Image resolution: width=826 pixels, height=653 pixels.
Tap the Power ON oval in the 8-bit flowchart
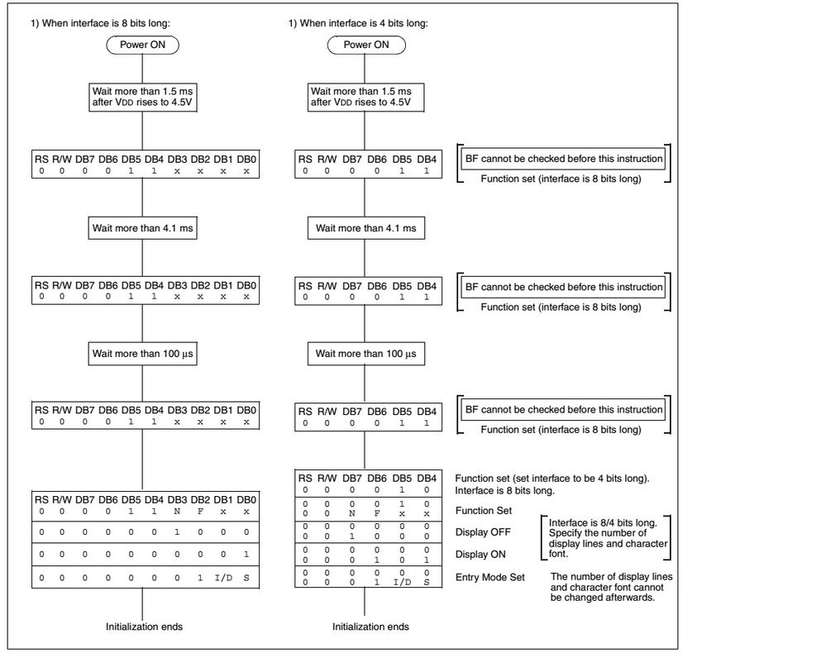[144, 45]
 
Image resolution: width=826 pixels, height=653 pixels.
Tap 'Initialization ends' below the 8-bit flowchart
[144, 627]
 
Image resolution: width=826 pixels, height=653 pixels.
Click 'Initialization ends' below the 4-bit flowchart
[370, 627]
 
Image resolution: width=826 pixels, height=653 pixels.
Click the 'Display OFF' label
[480, 533]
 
